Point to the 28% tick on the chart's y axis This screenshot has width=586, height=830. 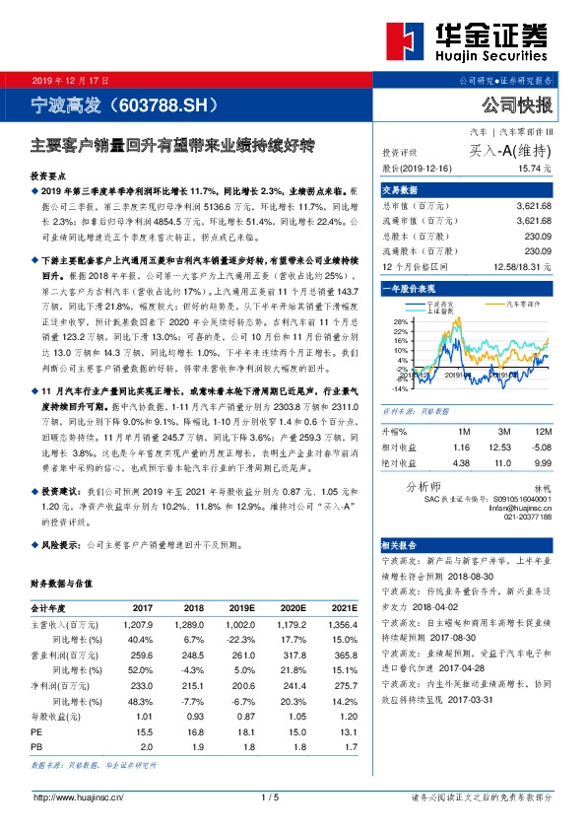(398, 322)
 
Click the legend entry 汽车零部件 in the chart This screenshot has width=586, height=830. (526, 305)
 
